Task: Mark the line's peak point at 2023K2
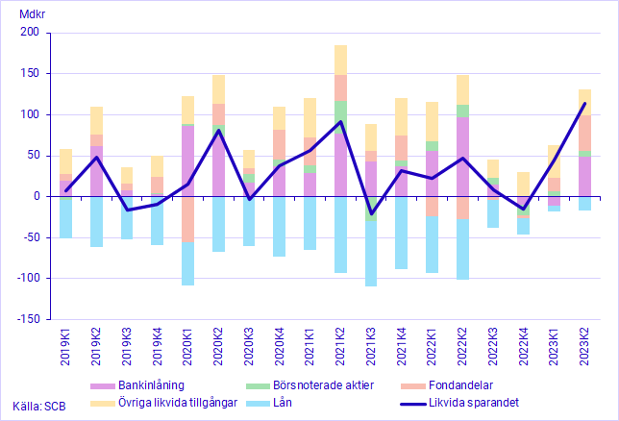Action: pyautogui.click(x=584, y=104)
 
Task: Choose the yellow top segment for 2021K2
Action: pyautogui.click(x=340, y=60)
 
